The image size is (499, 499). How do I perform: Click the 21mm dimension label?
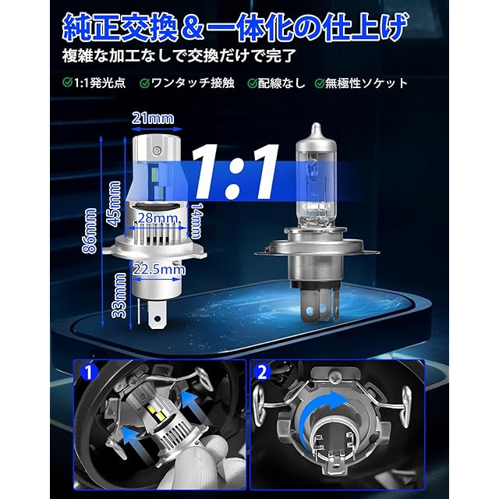point(153,118)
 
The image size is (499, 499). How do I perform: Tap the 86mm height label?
point(90,231)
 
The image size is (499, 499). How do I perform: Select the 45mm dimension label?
point(115,203)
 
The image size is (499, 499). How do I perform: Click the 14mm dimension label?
point(196,221)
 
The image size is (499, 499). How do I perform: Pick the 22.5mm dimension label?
point(159,269)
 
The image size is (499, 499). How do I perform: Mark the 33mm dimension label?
point(120,296)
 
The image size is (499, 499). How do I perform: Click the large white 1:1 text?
point(235,172)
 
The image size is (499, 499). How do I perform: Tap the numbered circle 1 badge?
point(89,371)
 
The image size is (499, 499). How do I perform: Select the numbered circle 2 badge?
point(262,372)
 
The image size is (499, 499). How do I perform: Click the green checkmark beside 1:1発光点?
point(68,82)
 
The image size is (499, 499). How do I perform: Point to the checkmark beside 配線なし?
point(252,83)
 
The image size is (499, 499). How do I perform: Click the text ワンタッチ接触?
point(193,83)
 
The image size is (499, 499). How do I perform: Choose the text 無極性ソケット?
point(366,83)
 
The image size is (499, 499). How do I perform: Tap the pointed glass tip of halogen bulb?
point(316,125)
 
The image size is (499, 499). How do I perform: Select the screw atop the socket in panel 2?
point(334,377)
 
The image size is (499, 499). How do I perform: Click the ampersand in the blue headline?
point(192,28)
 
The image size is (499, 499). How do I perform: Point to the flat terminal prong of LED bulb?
point(157,315)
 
